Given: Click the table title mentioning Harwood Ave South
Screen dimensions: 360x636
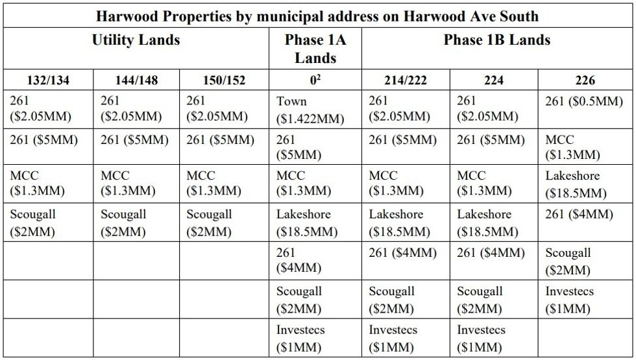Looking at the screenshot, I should [x=317, y=15].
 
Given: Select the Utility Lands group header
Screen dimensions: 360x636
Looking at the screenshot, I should [x=136, y=40].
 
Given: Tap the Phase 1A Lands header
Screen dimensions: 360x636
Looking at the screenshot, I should [x=315, y=49].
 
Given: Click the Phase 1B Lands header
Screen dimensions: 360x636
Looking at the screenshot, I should [x=496, y=40].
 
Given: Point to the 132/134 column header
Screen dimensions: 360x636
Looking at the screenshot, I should [x=48, y=80].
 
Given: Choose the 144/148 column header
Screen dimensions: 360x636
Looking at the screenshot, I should [x=136, y=80].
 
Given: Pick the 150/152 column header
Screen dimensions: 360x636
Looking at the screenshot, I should [x=225, y=80].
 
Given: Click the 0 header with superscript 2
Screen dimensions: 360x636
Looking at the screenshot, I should [x=315, y=80].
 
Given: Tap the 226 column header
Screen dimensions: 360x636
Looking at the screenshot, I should [x=585, y=80].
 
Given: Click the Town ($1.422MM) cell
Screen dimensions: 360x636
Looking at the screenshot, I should [x=310, y=110].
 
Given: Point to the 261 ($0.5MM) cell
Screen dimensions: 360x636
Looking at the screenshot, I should [x=583, y=101].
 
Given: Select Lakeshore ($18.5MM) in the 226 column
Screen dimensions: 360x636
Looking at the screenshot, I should [x=576, y=184].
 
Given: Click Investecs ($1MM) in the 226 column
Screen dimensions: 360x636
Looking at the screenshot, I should [x=569, y=300].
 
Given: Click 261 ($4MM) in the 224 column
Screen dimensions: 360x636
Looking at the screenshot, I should [x=491, y=253].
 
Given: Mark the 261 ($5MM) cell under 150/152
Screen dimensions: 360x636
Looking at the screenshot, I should [x=220, y=140].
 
